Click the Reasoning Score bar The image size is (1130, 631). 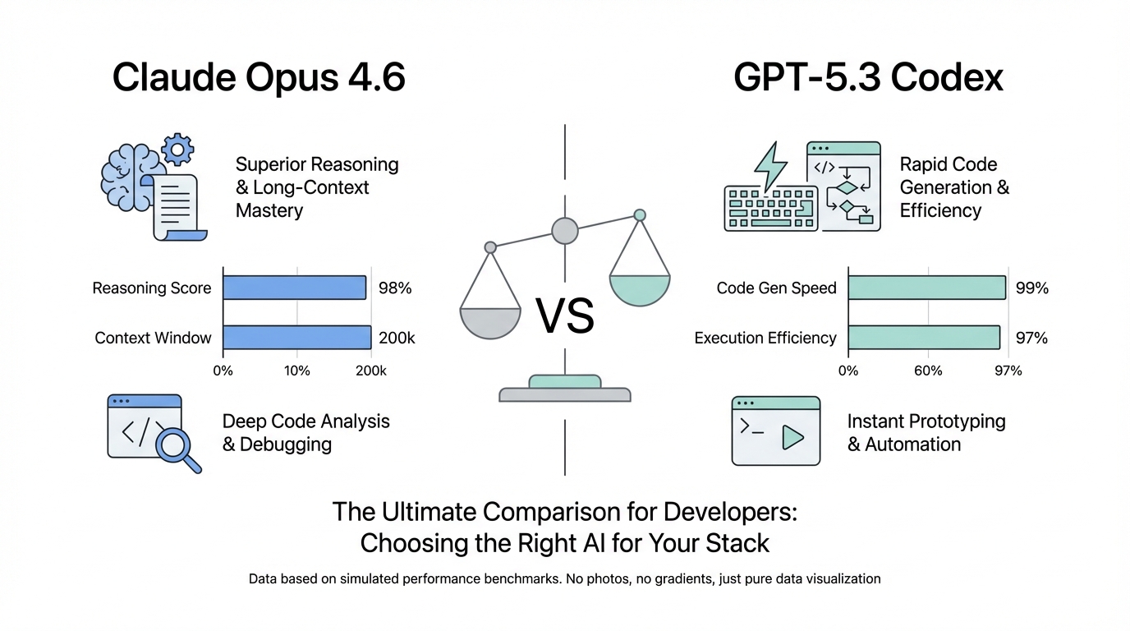[x=294, y=288]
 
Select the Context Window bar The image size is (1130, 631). [x=297, y=338]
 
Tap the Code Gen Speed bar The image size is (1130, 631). [x=926, y=288]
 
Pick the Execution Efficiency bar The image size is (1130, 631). [x=924, y=338]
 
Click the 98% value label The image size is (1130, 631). [x=394, y=288]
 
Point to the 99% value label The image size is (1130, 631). [x=1031, y=288]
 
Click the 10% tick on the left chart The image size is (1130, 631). [x=296, y=371]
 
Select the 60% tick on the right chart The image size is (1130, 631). [x=928, y=371]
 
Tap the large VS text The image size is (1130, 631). [x=564, y=316]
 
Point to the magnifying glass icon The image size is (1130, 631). [x=177, y=449]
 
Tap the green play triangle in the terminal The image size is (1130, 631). [x=792, y=437]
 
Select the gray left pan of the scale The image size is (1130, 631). [x=490, y=321]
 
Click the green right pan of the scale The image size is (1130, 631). [x=640, y=288]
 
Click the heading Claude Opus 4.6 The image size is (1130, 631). [x=259, y=78]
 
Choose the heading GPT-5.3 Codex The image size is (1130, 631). [x=868, y=78]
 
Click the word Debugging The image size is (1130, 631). [x=286, y=444]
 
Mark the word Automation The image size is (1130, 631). [x=912, y=444]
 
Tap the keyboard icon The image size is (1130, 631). [x=770, y=208]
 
